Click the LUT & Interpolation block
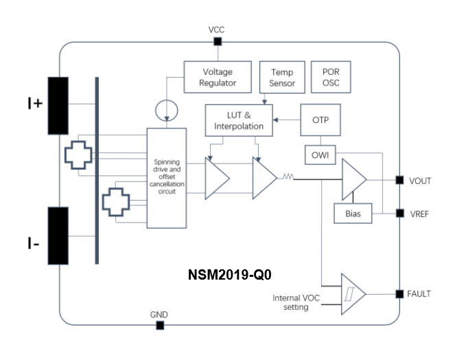point(240,120)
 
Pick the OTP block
point(320,120)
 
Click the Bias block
point(352,213)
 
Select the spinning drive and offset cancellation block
point(167,177)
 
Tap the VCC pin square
point(217,42)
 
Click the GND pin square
point(160,325)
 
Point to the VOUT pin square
point(399,181)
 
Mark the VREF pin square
point(399,213)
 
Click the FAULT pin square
point(399,294)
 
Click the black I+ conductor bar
point(58,105)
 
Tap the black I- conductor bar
point(58,235)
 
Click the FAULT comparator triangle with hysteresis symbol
point(352,294)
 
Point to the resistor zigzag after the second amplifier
point(287,178)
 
